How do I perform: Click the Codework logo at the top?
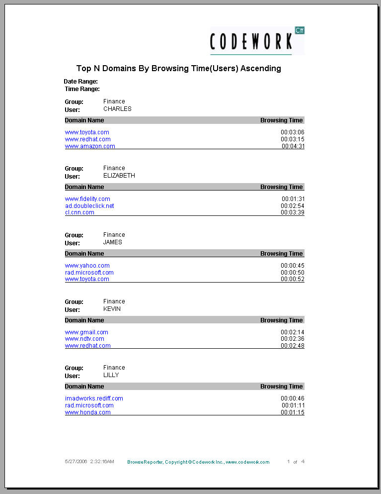pos(257,41)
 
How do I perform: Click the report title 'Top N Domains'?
pos(178,69)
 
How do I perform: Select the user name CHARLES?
pos(117,109)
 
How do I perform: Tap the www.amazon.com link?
pos(90,146)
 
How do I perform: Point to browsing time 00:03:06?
pos(292,132)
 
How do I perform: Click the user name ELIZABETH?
pos(119,176)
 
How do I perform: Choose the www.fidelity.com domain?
pos(87,199)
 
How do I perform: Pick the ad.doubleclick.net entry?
pos(89,206)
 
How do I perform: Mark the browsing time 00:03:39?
pos(292,212)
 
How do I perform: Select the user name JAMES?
pos(112,242)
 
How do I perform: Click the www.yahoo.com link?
pos(87,266)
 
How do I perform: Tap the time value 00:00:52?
pos(292,279)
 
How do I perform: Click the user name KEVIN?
pos(112,309)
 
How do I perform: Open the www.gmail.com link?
pos(86,332)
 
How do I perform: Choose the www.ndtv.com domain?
pos(84,339)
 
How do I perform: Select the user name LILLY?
pos(111,375)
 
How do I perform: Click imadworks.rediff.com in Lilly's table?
pos(94,398)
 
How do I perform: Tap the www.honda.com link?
pos(88,412)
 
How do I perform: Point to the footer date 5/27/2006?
pos(76,462)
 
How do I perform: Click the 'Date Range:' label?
pos(80,81)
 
